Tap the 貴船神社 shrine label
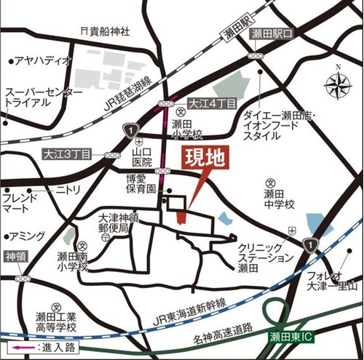click(106, 31)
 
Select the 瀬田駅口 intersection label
click(272, 34)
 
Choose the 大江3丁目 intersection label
click(66, 154)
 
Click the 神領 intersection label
click(15, 257)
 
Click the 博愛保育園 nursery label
click(141, 183)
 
